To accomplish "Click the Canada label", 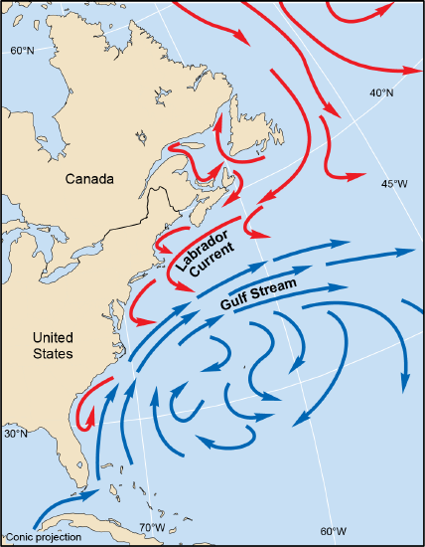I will coord(90,179).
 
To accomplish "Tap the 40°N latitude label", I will coord(380,92).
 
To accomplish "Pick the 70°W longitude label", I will coord(152,527).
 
